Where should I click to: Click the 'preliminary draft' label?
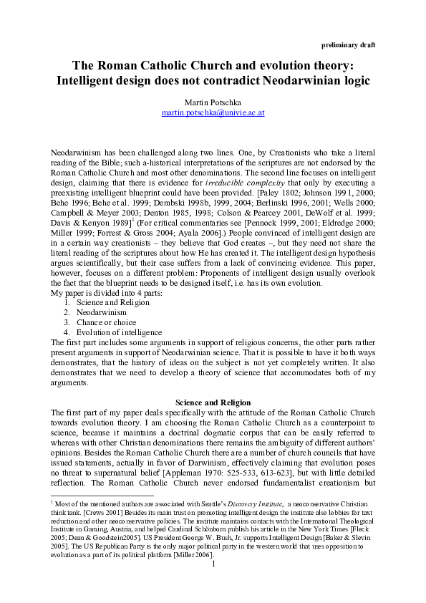click(347, 44)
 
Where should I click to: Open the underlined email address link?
click(213, 113)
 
